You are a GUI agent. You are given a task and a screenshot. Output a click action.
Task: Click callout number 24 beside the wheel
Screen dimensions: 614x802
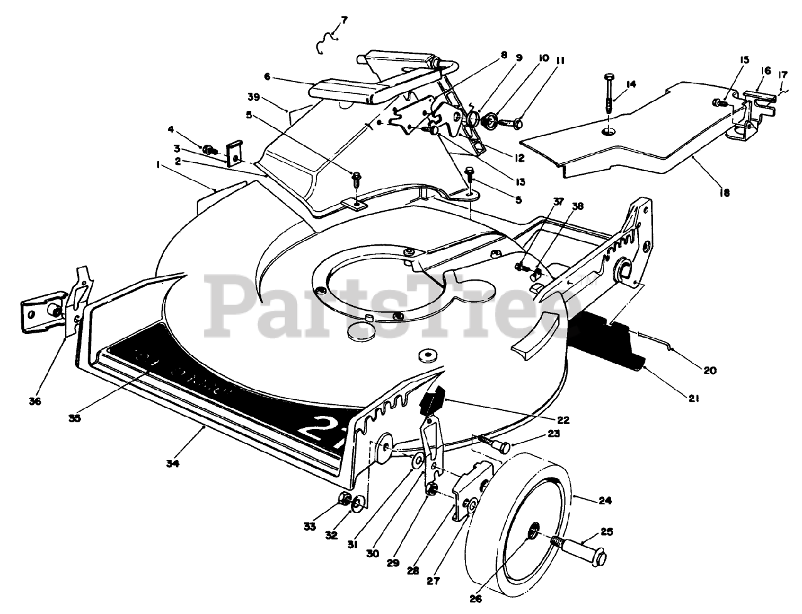605,501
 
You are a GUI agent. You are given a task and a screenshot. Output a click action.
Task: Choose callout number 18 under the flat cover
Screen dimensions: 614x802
724,193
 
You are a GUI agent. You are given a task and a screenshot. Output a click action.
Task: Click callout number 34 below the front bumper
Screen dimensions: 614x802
172,464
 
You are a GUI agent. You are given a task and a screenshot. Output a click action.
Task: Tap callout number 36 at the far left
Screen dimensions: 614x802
35,402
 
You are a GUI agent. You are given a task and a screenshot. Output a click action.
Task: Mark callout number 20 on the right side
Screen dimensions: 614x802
709,370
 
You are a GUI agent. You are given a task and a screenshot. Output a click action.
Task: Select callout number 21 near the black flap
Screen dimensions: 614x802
695,398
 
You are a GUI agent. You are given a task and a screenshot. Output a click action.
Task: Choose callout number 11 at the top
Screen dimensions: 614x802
560,61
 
